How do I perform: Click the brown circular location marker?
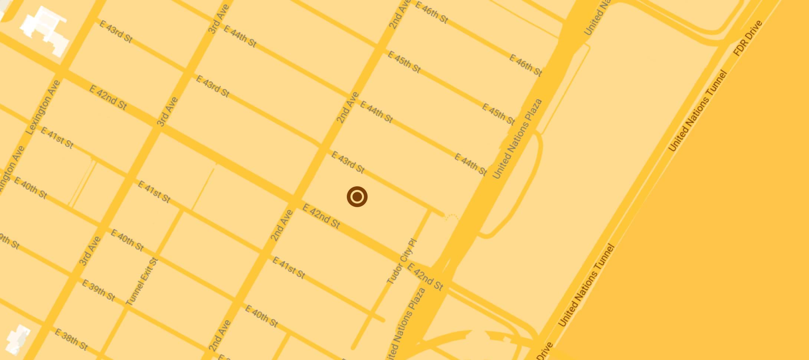(x=357, y=197)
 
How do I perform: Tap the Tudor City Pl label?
(x=402, y=262)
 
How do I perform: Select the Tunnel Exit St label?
(x=142, y=282)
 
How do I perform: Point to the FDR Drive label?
(x=747, y=38)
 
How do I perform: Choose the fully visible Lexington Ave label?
(x=43, y=107)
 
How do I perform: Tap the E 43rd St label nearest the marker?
(x=348, y=162)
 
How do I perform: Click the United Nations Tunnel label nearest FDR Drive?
(x=697, y=111)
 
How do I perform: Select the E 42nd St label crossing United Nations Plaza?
(x=425, y=276)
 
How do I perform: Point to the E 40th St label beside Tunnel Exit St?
(x=127, y=240)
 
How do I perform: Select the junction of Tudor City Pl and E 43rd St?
(x=430, y=210)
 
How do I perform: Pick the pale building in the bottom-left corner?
(x=19, y=340)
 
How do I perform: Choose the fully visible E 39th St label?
(x=98, y=291)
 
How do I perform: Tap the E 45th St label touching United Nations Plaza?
(x=498, y=114)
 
